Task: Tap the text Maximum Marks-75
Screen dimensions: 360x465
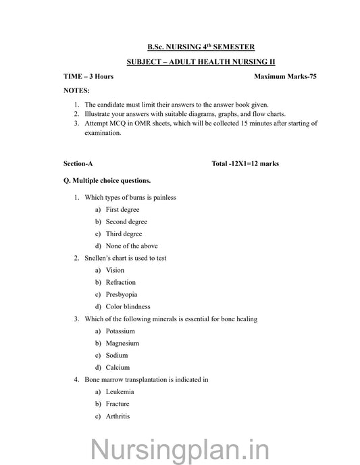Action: pos(285,76)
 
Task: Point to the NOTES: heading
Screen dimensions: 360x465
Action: pos(76,90)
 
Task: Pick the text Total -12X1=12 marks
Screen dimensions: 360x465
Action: pos(245,163)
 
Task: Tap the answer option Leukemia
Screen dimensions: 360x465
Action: pos(120,391)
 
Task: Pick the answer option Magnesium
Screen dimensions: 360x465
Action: pos(122,343)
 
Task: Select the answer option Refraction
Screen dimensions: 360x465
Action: pos(121,282)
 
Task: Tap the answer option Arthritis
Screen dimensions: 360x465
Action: pos(118,416)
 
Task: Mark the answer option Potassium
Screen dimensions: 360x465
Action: pos(120,331)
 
